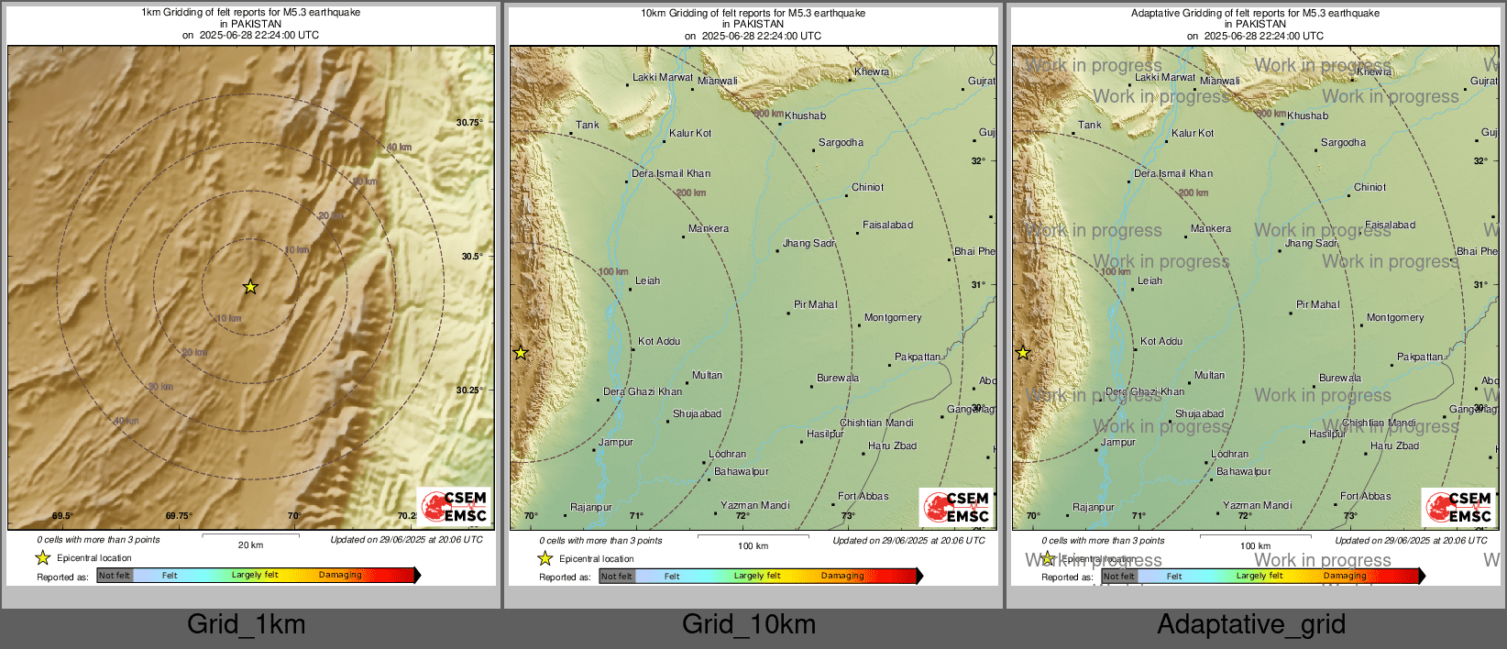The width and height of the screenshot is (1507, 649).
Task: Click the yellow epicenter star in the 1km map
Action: coord(250,287)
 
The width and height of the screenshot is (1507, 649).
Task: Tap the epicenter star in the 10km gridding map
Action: coord(521,353)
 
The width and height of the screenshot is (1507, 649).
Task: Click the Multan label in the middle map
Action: coord(707,375)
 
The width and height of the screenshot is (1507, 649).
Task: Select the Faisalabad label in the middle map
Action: coord(887,225)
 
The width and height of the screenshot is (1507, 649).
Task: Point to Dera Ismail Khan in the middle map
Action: coord(671,173)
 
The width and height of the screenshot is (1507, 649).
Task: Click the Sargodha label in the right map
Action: coord(1343,142)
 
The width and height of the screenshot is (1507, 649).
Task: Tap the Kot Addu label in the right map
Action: coord(1161,341)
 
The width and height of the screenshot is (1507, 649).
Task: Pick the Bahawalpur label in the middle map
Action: coord(742,471)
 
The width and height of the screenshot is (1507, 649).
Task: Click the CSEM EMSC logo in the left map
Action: coord(455,506)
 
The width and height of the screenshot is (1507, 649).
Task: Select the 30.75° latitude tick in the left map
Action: coord(468,122)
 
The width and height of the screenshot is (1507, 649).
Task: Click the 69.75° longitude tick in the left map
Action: coord(179,516)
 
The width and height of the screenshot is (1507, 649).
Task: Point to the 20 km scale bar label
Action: coord(250,544)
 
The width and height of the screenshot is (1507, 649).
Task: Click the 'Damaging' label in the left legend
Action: coord(340,575)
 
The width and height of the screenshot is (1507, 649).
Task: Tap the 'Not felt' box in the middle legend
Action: coord(617,576)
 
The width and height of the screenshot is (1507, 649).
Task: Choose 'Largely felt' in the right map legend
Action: coord(1259,576)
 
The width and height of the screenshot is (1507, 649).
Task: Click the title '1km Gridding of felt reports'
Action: coord(250,13)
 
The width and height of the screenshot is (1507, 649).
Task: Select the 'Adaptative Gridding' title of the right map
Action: coord(1255,13)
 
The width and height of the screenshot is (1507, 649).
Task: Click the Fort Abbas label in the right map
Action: coord(1365,496)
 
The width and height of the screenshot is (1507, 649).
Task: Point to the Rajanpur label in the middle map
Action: coord(591,507)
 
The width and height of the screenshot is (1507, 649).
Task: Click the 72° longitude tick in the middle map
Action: coord(742,516)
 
